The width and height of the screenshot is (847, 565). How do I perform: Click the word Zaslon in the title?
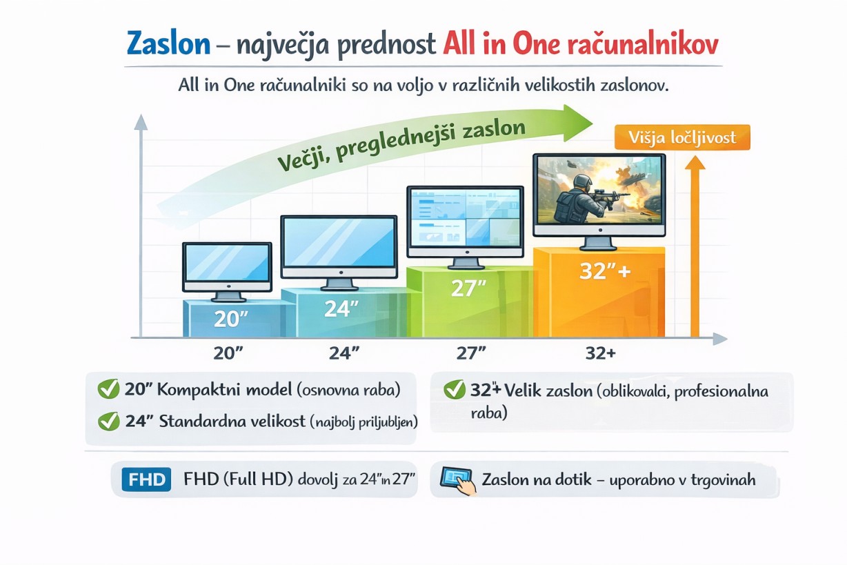click(168, 44)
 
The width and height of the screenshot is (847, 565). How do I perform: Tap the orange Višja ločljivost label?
click(682, 137)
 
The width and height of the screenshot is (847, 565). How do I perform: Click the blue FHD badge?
click(146, 479)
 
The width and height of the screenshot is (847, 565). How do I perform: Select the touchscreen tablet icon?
click(458, 481)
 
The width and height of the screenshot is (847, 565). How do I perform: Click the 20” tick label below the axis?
click(228, 353)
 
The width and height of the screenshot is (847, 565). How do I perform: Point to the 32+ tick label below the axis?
click(601, 353)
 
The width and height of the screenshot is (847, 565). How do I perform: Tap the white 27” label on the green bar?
click(468, 288)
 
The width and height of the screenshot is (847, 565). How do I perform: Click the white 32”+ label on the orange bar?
click(605, 271)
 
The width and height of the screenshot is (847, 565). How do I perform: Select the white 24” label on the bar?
click(341, 308)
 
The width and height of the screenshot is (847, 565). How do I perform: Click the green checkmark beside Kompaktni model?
click(108, 389)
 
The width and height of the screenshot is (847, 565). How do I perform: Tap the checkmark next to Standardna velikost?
click(109, 421)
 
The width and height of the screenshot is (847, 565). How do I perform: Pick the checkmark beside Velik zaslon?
click(455, 390)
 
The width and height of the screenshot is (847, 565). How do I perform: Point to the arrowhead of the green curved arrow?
click(577, 123)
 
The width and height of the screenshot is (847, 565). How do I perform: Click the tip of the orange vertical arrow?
click(695, 156)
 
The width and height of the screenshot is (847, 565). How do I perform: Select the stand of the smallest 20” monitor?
click(228, 297)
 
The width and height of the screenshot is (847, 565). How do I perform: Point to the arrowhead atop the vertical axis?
click(141, 122)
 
